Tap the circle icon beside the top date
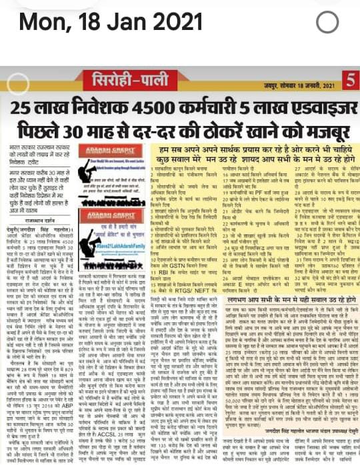pyautogui.click(x=327, y=22)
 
